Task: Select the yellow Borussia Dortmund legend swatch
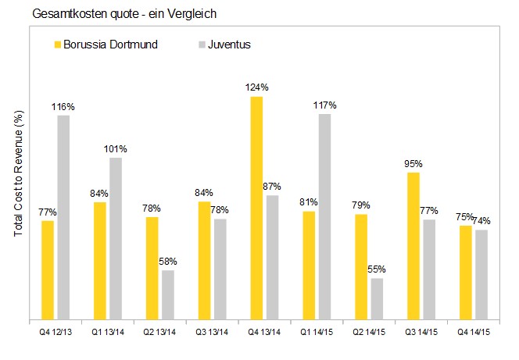pyautogui.click(x=57, y=45)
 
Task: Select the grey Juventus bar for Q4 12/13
pyautogui.click(x=63, y=218)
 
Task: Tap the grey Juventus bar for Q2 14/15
pyautogui.click(x=377, y=299)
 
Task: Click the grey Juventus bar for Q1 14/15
pyautogui.click(x=324, y=217)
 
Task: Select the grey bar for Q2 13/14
pyautogui.click(x=167, y=295)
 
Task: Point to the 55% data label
pyautogui.click(x=378, y=270)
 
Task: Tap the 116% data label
pyautogui.click(x=63, y=105)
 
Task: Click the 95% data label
pyautogui.click(x=413, y=164)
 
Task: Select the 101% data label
pyautogui.click(x=116, y=148)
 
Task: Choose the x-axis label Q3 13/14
pyautogui.click(x=211, y=330)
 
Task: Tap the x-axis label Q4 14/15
pyautogui.click(x=473, y=330)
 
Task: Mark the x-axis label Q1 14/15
pyautogui.click(x=316, y=330)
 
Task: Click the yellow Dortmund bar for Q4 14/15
pyautogui.click(x=466, y=273)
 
